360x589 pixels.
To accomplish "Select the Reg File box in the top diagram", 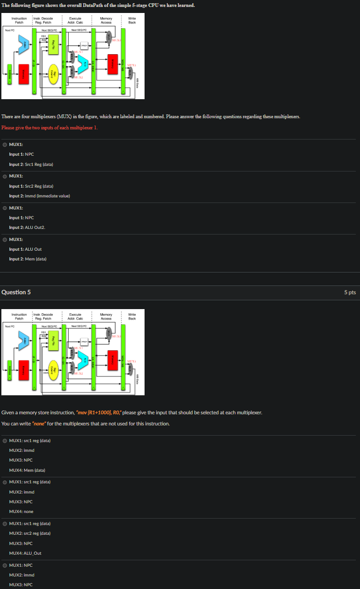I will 54,46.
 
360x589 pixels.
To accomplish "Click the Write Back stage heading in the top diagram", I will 132,20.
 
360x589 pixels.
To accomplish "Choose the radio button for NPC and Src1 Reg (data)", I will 5,145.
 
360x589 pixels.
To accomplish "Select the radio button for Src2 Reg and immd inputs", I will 5,176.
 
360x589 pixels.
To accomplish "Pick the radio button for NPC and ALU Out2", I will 5,208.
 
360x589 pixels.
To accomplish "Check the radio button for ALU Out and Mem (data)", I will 5,239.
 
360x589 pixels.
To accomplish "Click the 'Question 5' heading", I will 16,292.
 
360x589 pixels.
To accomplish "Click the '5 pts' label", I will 350,292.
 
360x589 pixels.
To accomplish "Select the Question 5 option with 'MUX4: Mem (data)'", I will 5,440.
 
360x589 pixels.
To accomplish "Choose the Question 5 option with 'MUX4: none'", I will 5,481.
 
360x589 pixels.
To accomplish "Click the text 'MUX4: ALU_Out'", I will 25,553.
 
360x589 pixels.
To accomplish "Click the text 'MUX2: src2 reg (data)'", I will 30,533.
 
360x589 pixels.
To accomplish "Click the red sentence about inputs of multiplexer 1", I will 50,127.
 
